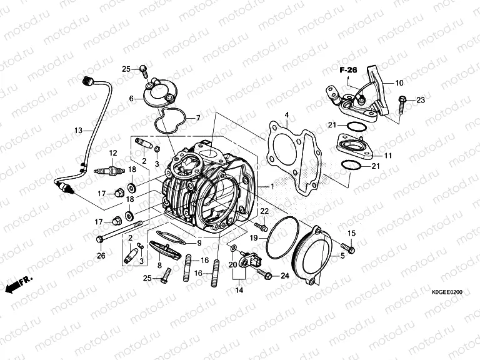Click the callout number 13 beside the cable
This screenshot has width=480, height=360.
coord(78,131)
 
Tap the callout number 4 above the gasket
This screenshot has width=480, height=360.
coord(286,115)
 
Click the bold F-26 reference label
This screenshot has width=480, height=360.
coord(348,70)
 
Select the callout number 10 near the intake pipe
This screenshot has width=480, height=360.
coord(399,82)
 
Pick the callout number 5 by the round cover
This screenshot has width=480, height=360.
coord(342,255)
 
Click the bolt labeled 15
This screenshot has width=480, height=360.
coord(349,249)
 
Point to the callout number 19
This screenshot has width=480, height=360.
coord(254,237)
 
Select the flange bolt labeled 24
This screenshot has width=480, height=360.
coord(267,275)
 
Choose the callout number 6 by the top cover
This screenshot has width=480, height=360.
coord(132,99)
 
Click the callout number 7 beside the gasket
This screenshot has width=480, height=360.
coord(197,117)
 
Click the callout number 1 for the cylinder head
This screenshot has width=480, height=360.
coord(272,186)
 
